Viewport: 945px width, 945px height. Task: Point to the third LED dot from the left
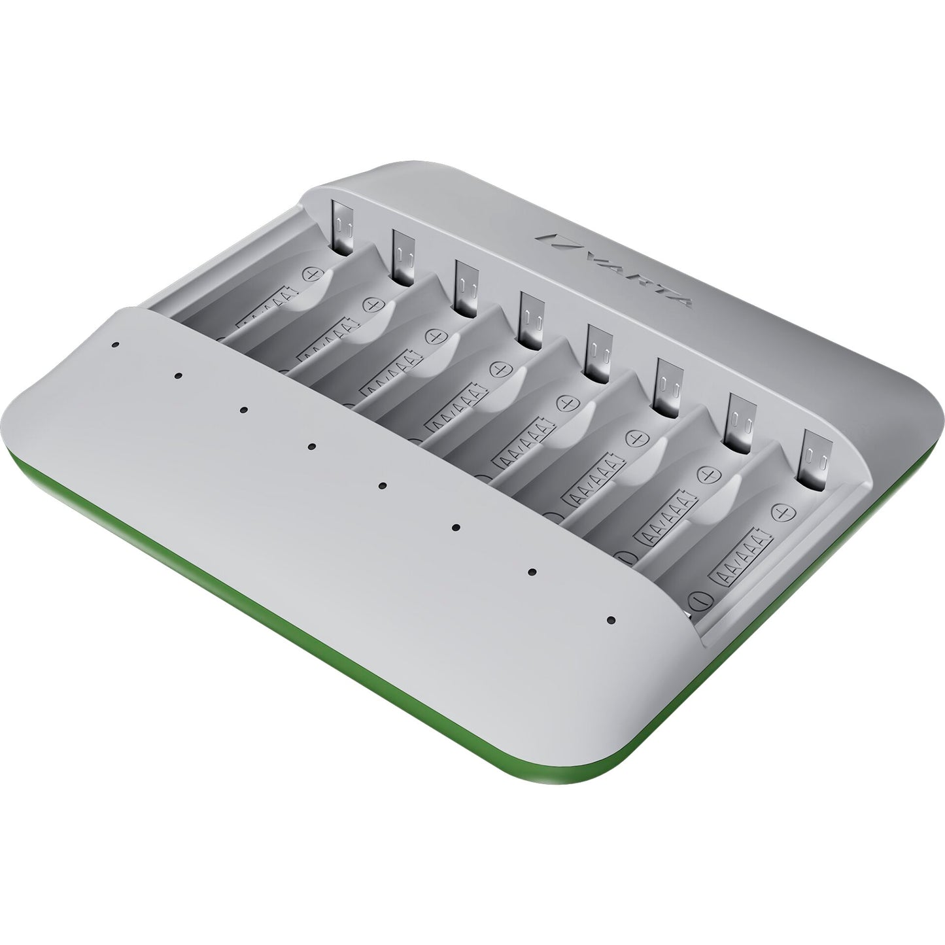click(243, 410)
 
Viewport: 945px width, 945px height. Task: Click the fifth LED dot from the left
click(383, 485)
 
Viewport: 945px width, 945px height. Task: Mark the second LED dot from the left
click(177, 376)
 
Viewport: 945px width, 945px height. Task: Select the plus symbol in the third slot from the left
click(435, 335)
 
